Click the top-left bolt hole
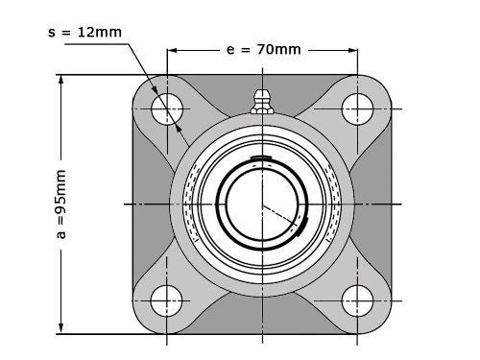coord(168,108)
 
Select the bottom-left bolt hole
coord(168,300)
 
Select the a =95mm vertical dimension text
coord(60,204)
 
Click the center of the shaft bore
coord(262,204)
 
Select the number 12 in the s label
coord(89,31)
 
